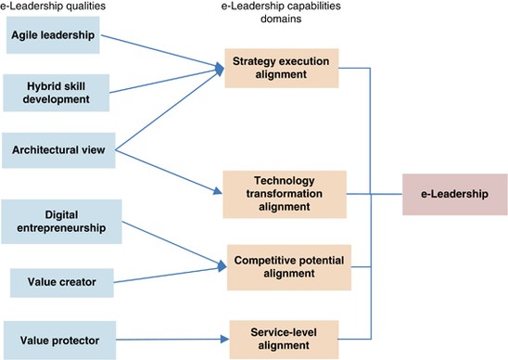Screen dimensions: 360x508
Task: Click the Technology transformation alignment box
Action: (285, 193)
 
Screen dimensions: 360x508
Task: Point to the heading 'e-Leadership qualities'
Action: (53, 8)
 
